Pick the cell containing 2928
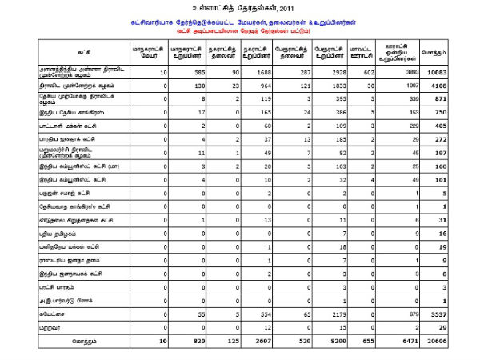pyautogui.click(x=334, y=73)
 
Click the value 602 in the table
pyautogui.click(x=367, y=73)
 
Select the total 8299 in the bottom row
pyautogui.click(x=333, y=340)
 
